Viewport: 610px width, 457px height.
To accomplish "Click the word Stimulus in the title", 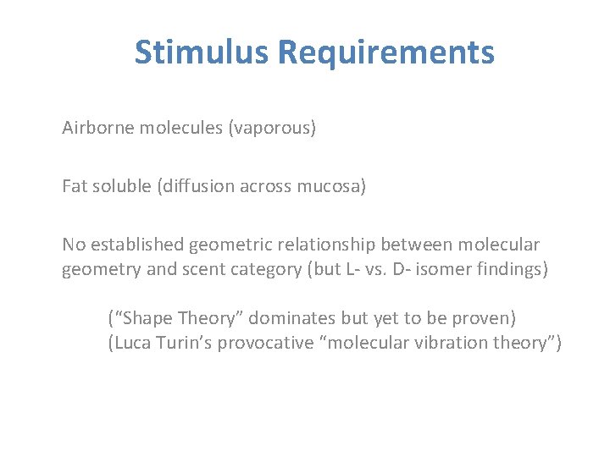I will point(201,52).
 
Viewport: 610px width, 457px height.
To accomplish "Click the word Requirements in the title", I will point(385,52).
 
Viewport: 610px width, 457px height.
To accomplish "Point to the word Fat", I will point(75,186).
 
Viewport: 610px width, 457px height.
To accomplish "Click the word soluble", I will point(123,186).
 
